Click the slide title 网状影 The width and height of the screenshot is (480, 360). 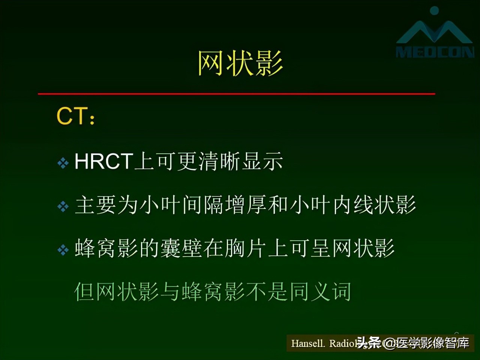(240, 63)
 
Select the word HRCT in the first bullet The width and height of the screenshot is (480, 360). (103, 162)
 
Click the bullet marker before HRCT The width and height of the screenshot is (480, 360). (63, 163)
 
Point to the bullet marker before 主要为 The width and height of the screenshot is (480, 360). (63, 206)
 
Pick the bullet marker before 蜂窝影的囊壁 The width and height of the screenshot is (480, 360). (63, 250)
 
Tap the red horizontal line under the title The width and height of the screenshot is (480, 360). (236, 93)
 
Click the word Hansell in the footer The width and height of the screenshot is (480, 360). (308, 343)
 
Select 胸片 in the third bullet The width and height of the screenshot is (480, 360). (246, 249)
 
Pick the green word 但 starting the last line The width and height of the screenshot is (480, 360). (84, 292)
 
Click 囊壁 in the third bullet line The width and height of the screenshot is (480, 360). (181, 249)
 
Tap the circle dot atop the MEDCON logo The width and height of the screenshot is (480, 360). (434, 10)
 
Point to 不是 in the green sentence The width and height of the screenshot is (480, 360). (267, 292)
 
